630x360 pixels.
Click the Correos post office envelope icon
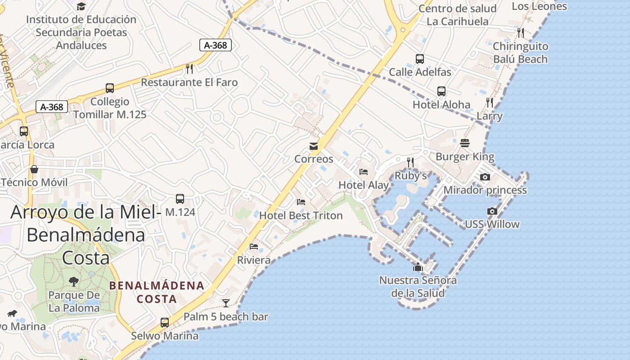coord(314,146)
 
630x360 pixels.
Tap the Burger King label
coord(465,157)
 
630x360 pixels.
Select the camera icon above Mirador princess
coord(485,177)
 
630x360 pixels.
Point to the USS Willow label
coord(492,224)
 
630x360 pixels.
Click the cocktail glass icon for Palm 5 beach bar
coord(226,303)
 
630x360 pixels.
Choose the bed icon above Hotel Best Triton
coord(301,202)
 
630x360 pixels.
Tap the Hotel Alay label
coord(364,185)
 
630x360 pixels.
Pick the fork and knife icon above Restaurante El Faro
coord(189,69)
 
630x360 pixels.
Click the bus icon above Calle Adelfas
coord(420,59)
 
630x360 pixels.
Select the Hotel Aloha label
coord(441,105)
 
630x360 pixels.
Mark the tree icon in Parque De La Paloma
coord(74,282)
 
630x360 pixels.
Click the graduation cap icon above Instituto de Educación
coord(81,6)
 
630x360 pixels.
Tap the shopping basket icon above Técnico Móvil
coord(34,169)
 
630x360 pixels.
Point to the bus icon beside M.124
coord(180,198)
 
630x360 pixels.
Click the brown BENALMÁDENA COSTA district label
coord(157,292)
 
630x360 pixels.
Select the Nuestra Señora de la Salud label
coord(418,287)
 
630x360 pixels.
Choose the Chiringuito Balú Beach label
coord(520,53)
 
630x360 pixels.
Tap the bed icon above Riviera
coord(254,247)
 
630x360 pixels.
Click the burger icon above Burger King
coord(465,143)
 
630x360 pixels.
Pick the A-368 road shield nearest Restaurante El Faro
coord(216,45)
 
